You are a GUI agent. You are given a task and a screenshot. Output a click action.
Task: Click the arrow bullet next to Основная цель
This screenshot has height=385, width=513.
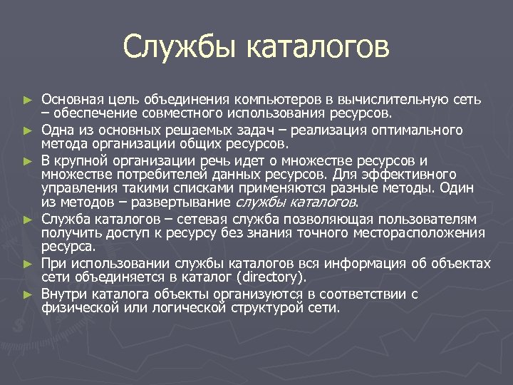click(x=28, y=98)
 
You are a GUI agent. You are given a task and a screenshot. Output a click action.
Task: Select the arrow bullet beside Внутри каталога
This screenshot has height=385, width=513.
click(x=28, y=294)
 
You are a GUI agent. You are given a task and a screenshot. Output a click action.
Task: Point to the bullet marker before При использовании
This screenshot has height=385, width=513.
click(x=28, y=263)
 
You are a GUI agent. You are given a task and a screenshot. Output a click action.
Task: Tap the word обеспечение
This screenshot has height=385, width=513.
click(x=92, y=113)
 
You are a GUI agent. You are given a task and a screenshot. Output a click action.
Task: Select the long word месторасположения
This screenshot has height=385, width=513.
click(x=421, y=233)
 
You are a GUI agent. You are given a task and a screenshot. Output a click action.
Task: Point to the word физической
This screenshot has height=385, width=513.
click(x=78, y=308)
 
